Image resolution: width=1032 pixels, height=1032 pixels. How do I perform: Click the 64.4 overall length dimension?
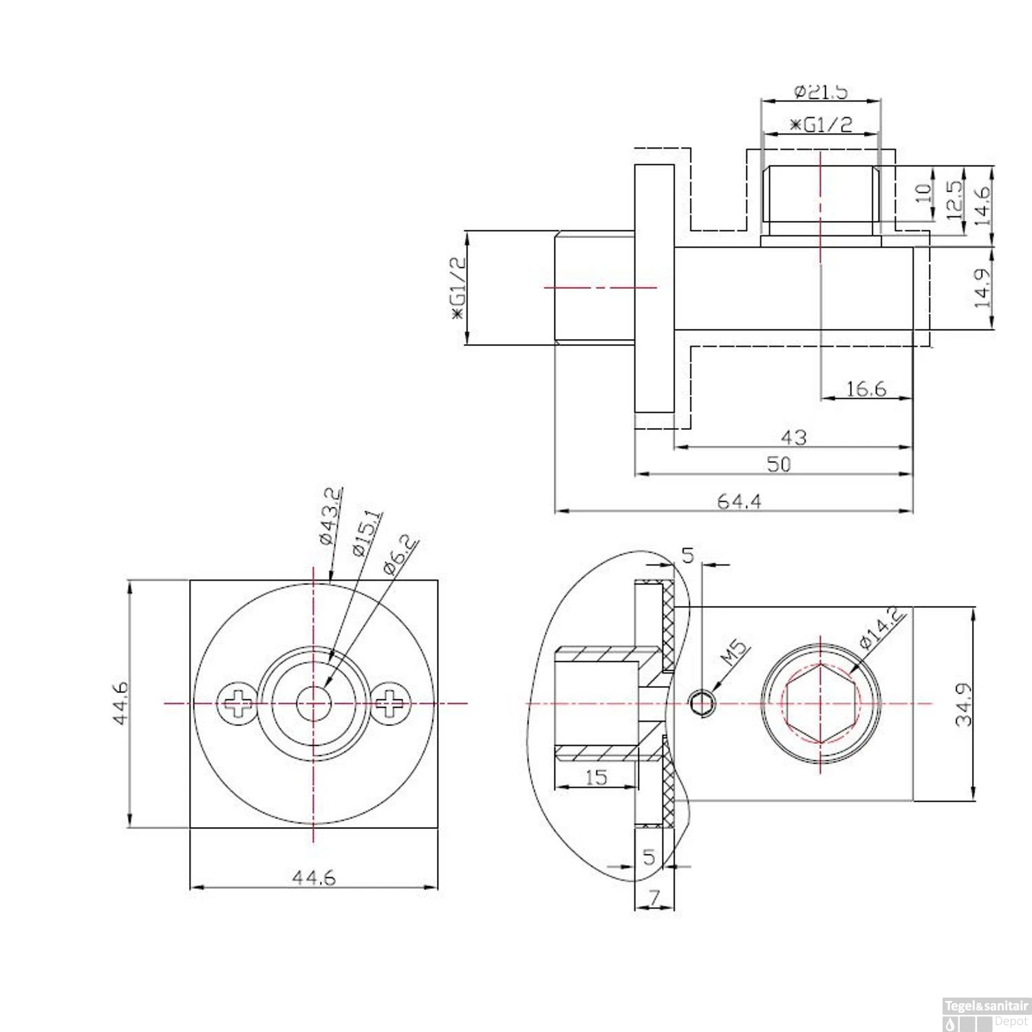point(739,502)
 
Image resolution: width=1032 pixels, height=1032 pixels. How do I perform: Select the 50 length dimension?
point(778,464)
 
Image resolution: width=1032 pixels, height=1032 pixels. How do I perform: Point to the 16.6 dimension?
point(866,389)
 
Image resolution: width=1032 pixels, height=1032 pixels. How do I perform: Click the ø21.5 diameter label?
point(820,92)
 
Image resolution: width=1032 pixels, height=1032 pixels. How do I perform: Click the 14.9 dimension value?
point(982,288)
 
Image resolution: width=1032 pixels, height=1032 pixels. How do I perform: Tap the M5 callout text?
point(733,653)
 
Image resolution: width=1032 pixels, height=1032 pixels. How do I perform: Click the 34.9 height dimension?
point(964,704)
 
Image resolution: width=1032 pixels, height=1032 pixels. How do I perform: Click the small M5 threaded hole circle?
point(702,704)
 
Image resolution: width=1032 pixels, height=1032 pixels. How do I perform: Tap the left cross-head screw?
point(237,704)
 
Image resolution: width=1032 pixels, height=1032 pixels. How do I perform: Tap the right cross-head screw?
point(392,704)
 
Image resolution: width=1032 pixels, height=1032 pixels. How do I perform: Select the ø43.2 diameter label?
point(330,516)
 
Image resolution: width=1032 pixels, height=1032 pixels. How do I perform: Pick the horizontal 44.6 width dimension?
point(314,878)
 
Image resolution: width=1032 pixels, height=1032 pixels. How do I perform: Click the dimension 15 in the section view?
point(596,777)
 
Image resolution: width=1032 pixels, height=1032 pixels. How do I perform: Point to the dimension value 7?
point(654,898)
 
